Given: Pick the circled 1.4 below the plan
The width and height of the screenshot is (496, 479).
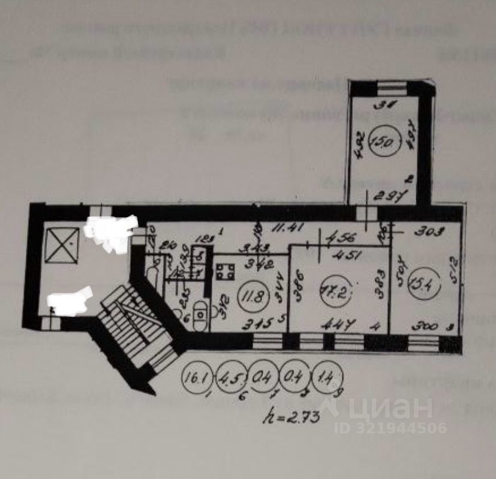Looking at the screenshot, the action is coord(327,378).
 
